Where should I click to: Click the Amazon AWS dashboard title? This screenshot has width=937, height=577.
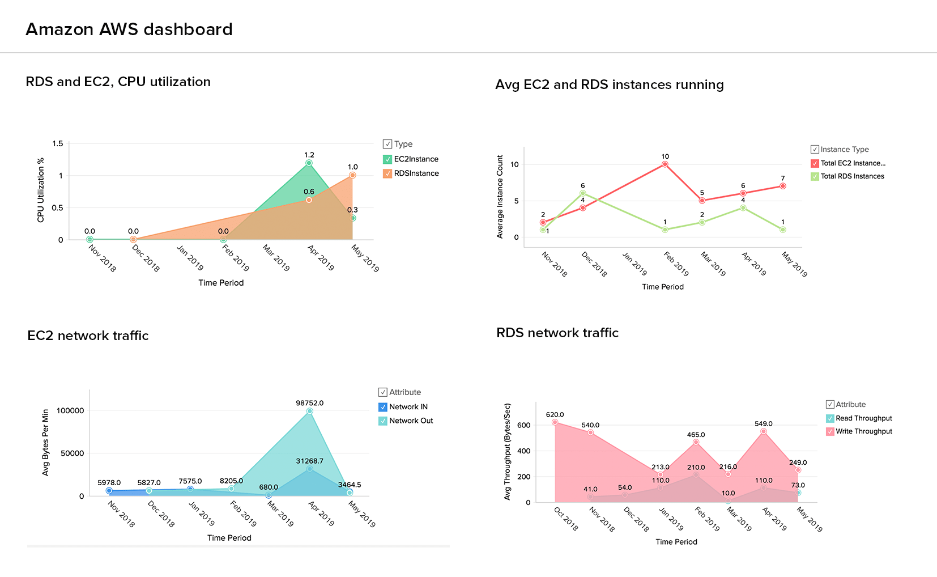point(129,29)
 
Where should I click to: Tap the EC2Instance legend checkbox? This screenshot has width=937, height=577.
point(387,159)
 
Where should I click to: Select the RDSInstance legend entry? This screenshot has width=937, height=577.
point(416,173)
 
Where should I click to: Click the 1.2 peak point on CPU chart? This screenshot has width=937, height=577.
point(309,163)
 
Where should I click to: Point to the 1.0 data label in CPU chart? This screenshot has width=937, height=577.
point(353,167)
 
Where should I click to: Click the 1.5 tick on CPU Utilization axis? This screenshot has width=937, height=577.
point(58,144)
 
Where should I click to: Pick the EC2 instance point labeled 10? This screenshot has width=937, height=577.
point(665,164)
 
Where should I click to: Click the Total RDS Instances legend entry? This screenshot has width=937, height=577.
point(852,176)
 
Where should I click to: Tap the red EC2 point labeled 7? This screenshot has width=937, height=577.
point(783,186)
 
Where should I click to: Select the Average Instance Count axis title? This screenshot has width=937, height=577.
point(500,197)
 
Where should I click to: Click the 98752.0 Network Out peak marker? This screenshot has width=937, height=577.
point(309,411)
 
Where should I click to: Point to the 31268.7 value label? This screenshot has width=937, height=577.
point(309,461)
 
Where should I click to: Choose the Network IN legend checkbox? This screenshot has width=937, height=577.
point(383,407)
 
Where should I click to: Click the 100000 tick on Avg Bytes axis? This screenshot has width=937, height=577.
point(70,411)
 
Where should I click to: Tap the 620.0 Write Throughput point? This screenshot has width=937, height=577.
point(555,422)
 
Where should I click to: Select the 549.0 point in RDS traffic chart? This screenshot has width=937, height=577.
point(764,431)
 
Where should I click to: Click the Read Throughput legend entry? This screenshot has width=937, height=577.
point(863,418)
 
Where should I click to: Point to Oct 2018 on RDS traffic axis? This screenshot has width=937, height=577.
point(565,519)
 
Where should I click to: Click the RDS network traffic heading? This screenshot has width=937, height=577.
point(557,333)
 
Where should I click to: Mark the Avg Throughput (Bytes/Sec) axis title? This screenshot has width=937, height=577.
point(508,452)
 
